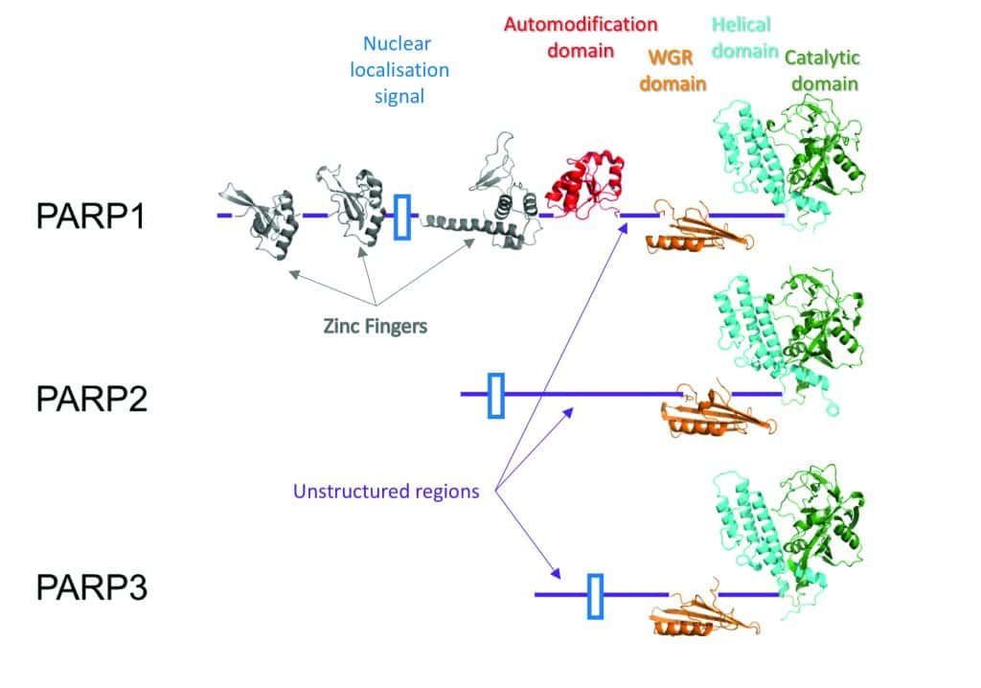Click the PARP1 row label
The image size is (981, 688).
(x=91, y=217)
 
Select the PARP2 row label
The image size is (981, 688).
(x=91, y=398)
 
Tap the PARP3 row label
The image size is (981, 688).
(x=91, y=586)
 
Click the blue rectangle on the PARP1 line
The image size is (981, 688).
(x=402, y=216)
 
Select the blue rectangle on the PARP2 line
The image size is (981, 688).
(x=495, y=395)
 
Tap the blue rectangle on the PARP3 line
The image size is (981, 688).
(x=596, y=595)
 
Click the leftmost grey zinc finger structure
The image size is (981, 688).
(x=257, y=219)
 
